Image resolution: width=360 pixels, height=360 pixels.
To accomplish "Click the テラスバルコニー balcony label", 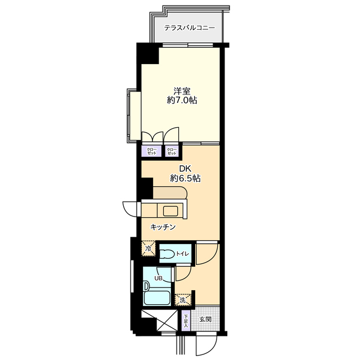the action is [190, 28].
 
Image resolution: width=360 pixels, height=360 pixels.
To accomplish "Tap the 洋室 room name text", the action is [182, 91].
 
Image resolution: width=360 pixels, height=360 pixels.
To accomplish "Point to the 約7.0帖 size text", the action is [182, 100].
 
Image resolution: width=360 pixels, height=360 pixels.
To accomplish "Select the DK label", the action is [185, 169].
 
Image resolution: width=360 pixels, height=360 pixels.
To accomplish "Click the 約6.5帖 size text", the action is [185, 178].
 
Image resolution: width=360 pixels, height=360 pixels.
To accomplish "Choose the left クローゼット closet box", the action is [152, 151].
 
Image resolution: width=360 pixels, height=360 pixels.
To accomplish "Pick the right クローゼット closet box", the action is [172, 151].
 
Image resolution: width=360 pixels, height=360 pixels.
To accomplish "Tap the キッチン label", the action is [163, 227].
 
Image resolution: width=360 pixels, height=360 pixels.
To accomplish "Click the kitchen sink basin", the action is [170, 211].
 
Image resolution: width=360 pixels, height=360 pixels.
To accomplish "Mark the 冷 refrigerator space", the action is [148, 249].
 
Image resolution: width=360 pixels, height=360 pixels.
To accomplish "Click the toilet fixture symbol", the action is [167, 254].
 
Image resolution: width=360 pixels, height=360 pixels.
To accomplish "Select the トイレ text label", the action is [182, 254].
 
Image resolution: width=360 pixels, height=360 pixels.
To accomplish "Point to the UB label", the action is [158, 278].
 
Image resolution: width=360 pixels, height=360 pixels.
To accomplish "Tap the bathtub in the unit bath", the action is [156, 298].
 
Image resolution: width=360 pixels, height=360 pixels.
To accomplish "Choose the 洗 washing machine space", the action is [183, 300].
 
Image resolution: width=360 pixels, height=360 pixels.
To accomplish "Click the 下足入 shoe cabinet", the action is [186, 321].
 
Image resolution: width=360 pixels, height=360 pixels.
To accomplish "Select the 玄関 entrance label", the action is [205, 319].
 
